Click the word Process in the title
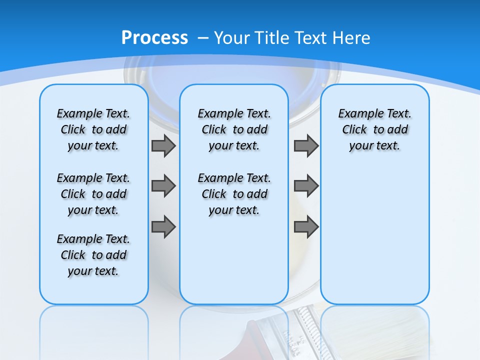(x=154, y=37)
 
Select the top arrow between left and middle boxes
(x=163, y=146)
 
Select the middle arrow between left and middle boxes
(x=163, y=186)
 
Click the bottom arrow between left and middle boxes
(x=163, y=227)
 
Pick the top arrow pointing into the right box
(x=306, y=146)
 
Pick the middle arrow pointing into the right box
(x=306, y=186)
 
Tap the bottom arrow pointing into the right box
(x=306, y=227)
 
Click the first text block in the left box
(x=93, y=129)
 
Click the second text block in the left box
(x=93, y=194)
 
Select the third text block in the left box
(x=93, y=255)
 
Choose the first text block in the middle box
(x=234, y=129)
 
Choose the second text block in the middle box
(x=234, y=194)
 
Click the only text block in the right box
(x=374, y=129)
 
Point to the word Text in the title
(x=307, y=38)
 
